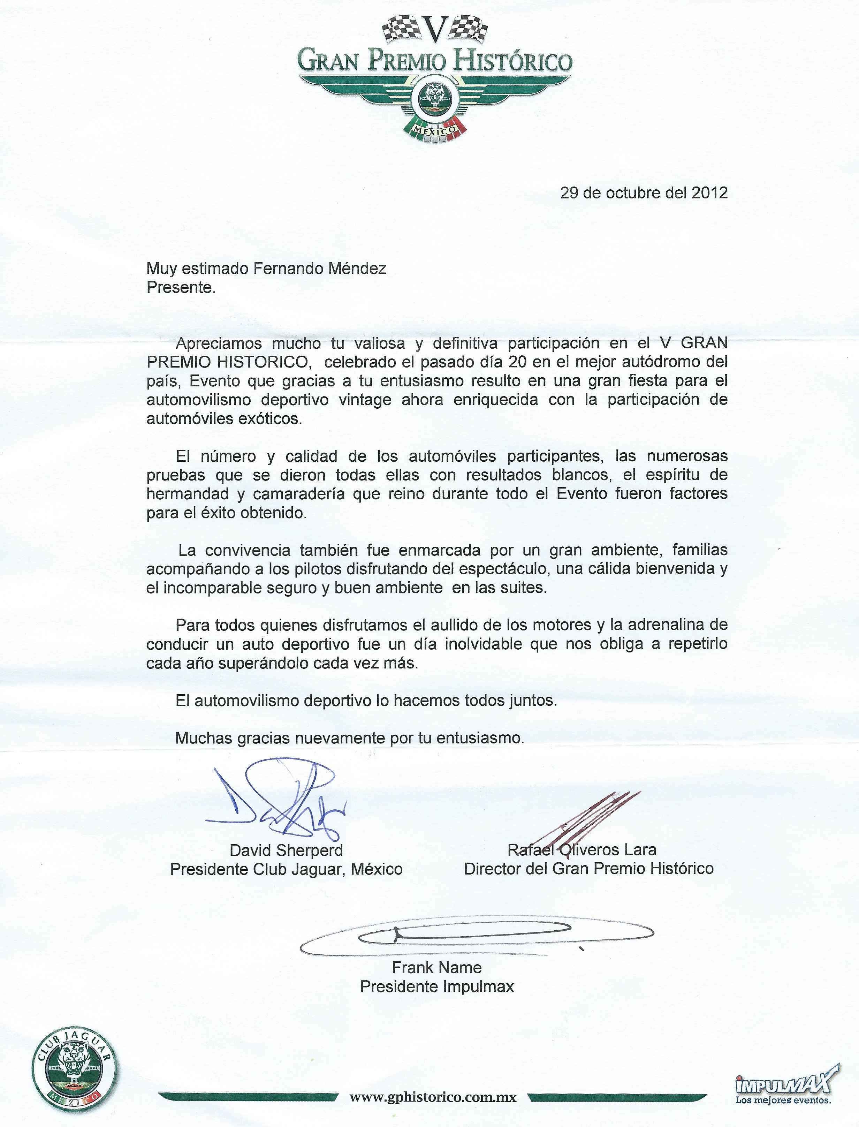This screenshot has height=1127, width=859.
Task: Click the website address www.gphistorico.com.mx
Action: [x=433, y=1096]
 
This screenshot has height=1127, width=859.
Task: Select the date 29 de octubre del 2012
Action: [x=644, y=193]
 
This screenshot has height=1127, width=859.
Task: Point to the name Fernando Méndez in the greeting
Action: [x=320, y=268]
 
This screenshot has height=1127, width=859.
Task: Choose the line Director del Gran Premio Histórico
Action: [x=588, y=868]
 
